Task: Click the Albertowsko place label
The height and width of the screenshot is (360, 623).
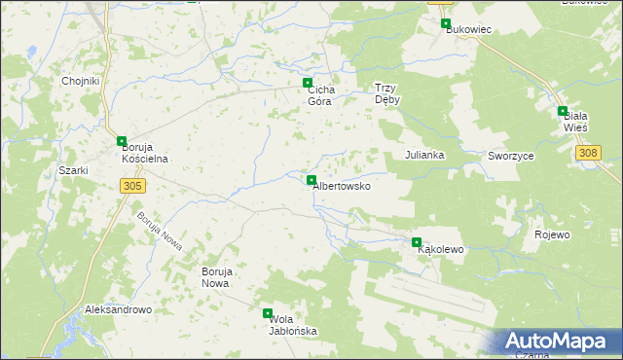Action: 342,186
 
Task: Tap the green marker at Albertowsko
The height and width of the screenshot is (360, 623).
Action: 311,180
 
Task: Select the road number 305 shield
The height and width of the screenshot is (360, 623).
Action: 133,185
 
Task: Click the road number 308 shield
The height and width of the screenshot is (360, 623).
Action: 588,153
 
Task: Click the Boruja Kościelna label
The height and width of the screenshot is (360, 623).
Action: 145,153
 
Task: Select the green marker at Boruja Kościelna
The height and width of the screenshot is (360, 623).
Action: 122,141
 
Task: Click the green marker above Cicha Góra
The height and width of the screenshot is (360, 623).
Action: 308,83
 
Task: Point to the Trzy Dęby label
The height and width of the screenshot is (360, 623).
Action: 388,92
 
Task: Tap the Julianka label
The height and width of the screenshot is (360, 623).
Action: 425,155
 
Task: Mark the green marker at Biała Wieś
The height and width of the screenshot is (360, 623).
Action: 563,112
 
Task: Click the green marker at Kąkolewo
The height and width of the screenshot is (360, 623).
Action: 417,242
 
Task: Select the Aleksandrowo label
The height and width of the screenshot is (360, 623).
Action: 119,309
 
